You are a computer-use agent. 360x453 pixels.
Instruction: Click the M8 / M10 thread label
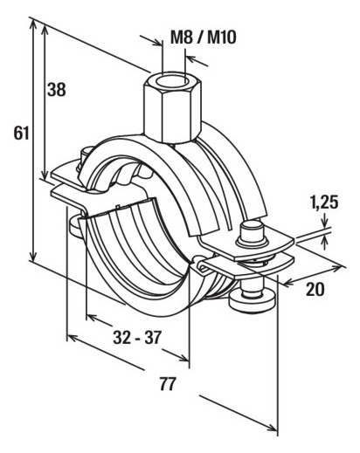pyautogui.click(x=203, y=38)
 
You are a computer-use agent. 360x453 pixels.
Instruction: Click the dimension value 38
pyautogui.click(x=57, y=89)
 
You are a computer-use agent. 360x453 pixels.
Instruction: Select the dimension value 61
pyautogui.click(x=21, y=134)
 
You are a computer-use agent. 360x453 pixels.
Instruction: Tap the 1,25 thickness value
pyautogui.click(x=323, y=202)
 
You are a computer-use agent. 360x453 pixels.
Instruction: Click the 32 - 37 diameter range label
pyautogui.click(x=137, y=338)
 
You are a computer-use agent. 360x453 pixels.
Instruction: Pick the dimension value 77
pyautogui.click(x=168, y=384)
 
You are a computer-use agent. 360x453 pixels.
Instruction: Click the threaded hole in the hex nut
pyautogui.click(x=171, y=80)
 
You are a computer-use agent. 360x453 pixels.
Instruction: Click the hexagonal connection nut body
pyautogui.click(x=172, y=106)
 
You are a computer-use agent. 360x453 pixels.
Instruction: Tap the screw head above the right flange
pyautogui.click(x=252, y=232)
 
